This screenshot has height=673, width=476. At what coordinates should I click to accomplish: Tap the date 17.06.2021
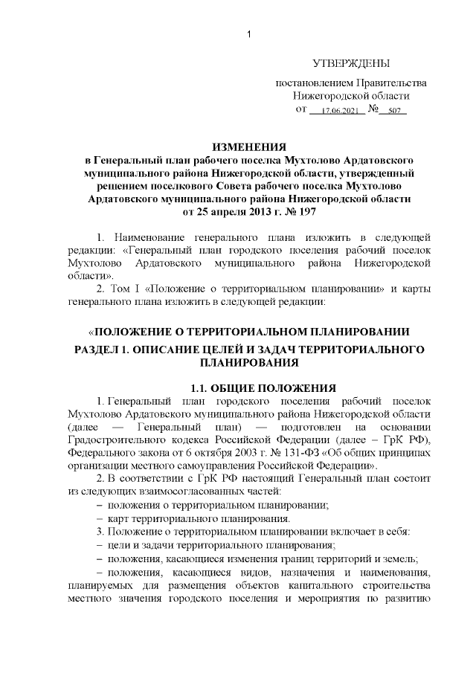[338, 111]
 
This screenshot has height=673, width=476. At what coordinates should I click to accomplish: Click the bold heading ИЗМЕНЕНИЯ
[249, 146]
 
